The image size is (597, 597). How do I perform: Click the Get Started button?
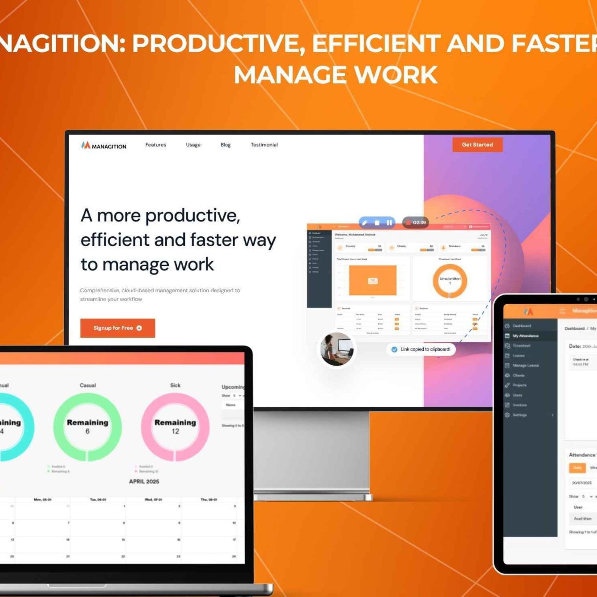[477, 145]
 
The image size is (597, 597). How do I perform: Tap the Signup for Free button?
[118, 328]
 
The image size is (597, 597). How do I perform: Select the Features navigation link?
[155, 145]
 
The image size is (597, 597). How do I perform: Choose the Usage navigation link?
[193, 145]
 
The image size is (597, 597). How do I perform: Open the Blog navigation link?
[225, 145]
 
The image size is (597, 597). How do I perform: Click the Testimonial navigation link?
[264, 145]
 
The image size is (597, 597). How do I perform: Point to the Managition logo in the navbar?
[104, 146]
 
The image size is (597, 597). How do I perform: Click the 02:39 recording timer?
[416, 222]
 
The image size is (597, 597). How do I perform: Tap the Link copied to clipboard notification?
[421, 349]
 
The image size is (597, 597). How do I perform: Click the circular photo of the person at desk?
[337, 349]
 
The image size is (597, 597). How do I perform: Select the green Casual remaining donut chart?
[87, 426]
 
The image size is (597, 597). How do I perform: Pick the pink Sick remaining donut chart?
[175, 426]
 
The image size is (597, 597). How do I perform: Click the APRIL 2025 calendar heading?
[144, 482]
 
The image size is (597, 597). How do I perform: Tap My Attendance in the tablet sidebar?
[525, 336]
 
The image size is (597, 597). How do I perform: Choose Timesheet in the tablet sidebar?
[521, 346]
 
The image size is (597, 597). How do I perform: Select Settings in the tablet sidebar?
[519, 415]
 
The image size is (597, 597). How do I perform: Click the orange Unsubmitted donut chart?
[450, 281]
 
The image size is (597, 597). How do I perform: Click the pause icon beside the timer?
[389, 222]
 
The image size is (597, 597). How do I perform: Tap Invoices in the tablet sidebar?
[519, 405]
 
